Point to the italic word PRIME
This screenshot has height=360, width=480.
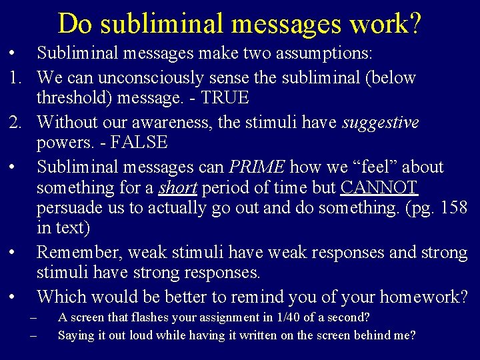pyautogui.click(x=257, y=166)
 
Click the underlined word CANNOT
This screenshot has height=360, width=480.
pyautogui.click(x=379, y=187)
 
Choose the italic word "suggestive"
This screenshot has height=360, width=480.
pyautogui.click(x=381, y=122)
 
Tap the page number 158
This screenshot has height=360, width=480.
pyautogui.click(x=455, y=208)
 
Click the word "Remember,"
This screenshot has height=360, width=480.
pyautogui.click(x=80, y=253)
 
